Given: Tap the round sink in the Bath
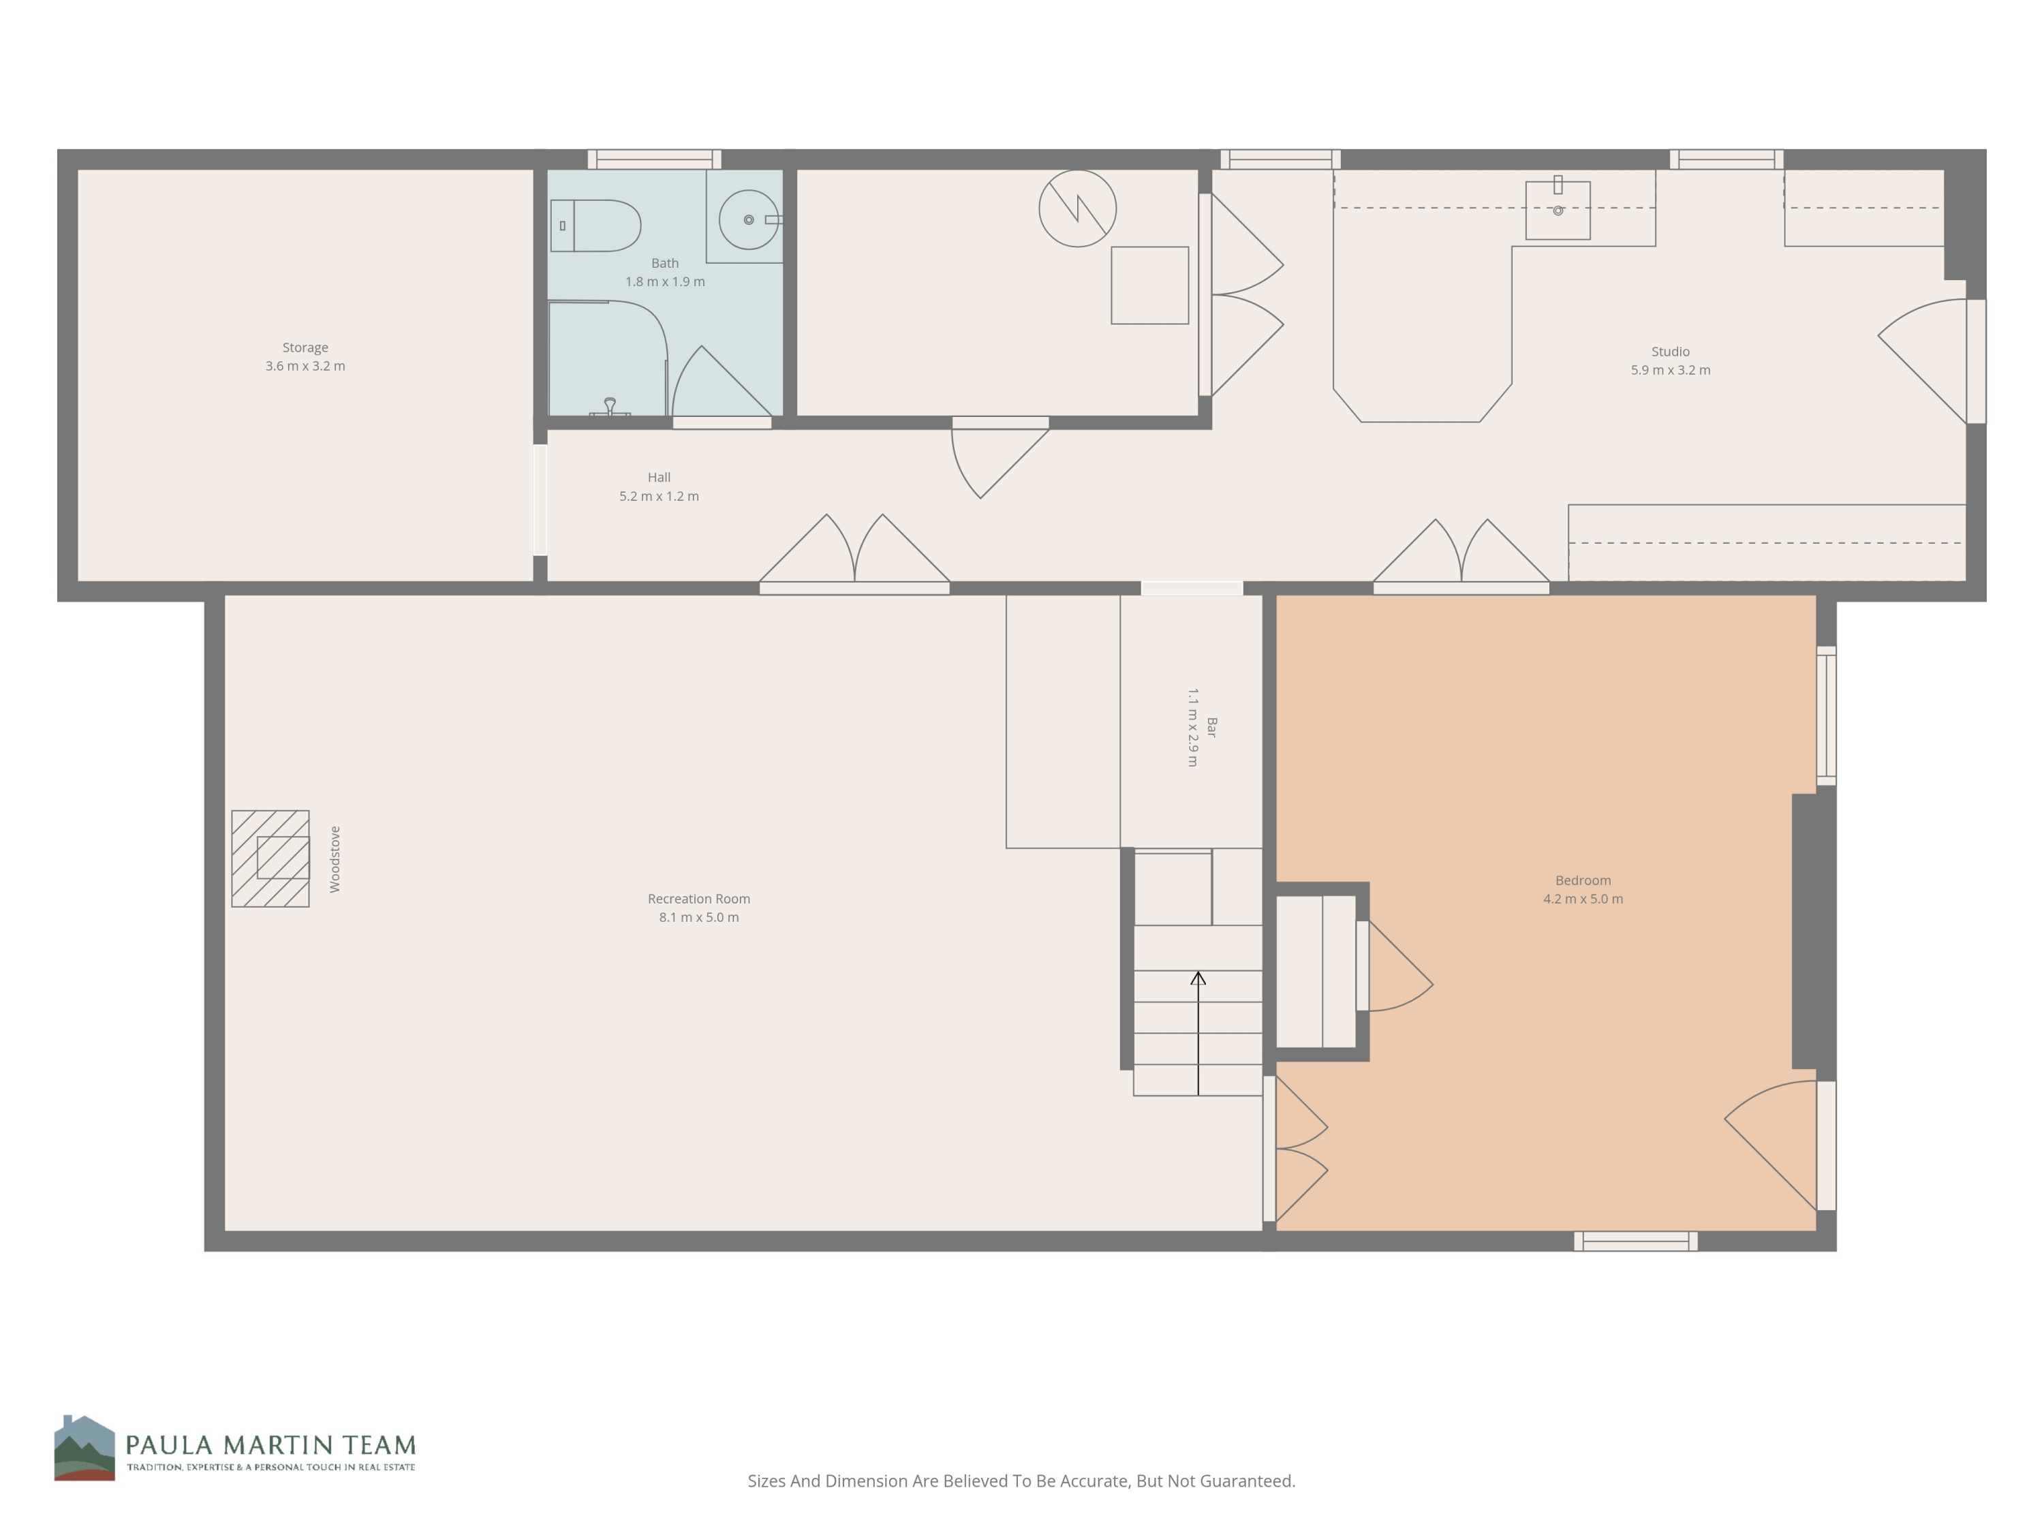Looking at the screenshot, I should tap(749, 220).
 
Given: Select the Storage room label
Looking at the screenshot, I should tap(305, 347).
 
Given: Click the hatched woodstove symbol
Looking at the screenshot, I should tap(270, 858).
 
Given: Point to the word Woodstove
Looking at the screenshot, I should tap(335, 859).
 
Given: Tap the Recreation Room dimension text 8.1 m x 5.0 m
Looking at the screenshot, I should tap(698, 918).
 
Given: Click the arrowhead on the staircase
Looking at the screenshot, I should tap(1198, 978).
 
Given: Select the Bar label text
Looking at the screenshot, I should tap(1211, 727).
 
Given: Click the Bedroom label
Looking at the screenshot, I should tap(1582, 880).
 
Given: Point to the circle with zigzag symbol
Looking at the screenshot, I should tap(1077, 208).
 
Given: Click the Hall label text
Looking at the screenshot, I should tap(659, 478).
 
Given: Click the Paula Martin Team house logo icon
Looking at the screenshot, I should tap(84, 1448).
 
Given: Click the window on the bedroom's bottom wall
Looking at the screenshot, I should tap(1636, 1241).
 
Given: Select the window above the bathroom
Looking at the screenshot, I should tap(654, 159).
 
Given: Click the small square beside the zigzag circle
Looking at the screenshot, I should tap(1149, 285).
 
